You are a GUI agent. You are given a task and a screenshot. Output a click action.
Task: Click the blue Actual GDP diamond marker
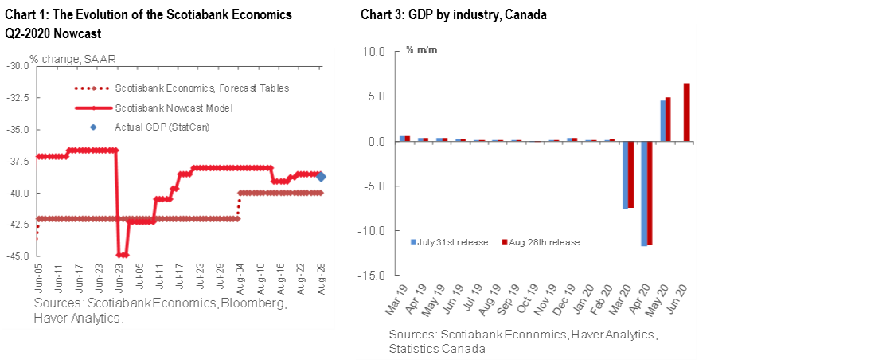click(321, 177)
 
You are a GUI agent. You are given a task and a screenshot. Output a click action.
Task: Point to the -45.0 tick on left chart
click(18, 256)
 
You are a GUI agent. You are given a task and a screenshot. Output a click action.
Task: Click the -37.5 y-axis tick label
click(18, 161)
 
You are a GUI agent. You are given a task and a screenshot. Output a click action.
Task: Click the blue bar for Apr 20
click(643, 194)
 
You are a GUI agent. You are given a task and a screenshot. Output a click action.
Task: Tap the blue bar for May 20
click(662, 121)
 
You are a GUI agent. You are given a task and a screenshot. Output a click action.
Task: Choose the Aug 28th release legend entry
click(541, 241)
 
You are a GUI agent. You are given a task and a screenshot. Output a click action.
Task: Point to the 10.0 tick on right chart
click(373, 52)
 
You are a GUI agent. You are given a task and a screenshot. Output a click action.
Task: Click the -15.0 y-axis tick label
click(372, 276)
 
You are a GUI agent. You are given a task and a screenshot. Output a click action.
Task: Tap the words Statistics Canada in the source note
click(438, 349)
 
